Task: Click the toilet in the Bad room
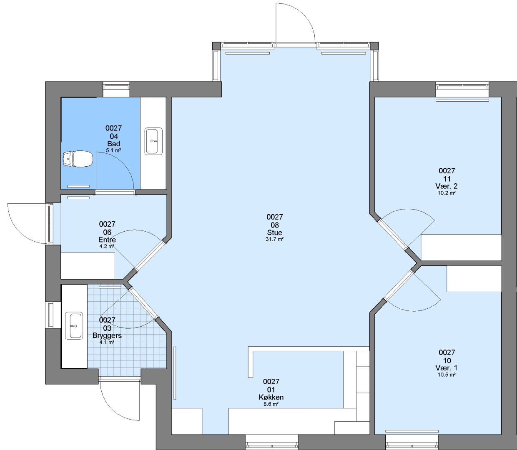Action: [78, 159]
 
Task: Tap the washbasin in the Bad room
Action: [153, 141]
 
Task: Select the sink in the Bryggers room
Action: [74, 325]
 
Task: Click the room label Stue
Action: [275, 232]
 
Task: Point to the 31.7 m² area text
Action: [275, 239]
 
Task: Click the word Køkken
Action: [271, 397]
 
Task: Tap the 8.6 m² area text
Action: [271, 404]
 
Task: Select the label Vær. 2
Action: [447, 186]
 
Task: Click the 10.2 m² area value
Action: [447, 193]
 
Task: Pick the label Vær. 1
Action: [447, 367]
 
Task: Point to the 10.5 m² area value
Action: [447, 375]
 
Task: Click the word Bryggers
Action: [107, 335]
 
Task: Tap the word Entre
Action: [108, 240]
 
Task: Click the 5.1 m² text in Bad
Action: [113, 150]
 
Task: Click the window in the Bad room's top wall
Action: [116, 90]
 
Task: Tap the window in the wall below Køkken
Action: [272, 442]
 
